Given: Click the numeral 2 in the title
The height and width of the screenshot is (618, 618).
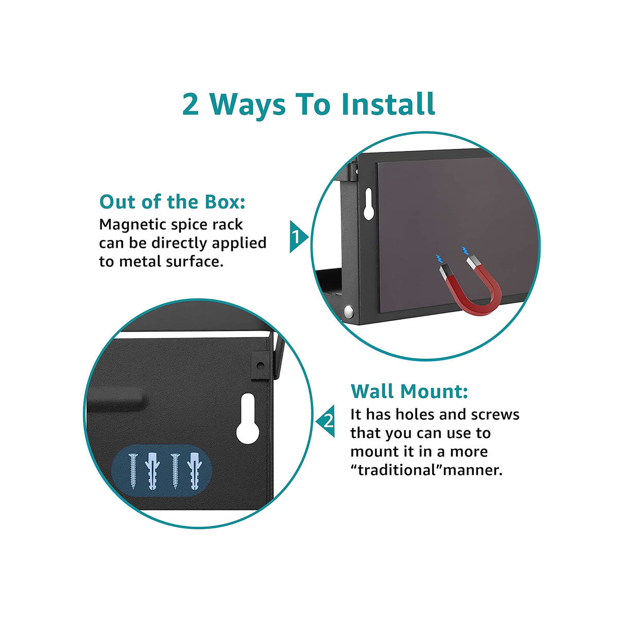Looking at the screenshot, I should (191, 104).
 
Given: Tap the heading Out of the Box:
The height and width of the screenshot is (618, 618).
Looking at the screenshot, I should (172, 202).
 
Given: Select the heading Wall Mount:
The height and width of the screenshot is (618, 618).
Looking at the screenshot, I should (409, 391).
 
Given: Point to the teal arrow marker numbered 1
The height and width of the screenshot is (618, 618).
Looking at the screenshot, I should (297, 237).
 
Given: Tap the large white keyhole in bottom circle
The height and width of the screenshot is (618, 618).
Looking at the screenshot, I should (248, 418).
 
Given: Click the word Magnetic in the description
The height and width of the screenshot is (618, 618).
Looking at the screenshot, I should (132, 225).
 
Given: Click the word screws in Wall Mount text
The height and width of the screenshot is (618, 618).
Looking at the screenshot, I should (494, 415).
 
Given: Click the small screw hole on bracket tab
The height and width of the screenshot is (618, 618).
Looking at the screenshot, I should (261, 365).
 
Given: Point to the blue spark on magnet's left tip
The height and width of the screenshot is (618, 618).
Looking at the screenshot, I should (439, 257).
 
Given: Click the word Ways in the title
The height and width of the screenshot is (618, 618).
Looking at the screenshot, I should (248, 104).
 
